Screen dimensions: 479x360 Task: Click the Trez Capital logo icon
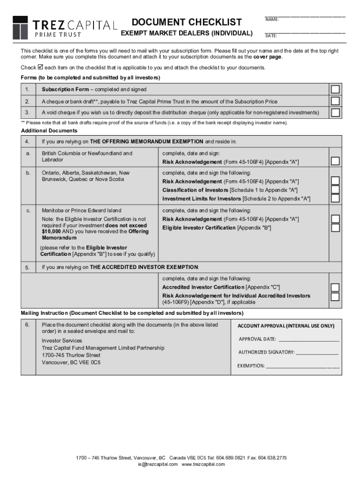pyautogui.click(x=20, y=27)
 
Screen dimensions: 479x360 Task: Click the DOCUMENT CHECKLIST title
pyautogui.click(x=187, y=22)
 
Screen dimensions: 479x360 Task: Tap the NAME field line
pyautogui.click(x=305, y=16)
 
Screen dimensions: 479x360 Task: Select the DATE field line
pyautogui.click(x=305, y=33)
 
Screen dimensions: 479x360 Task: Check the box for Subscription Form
pyautogui.click(x=335, y=89)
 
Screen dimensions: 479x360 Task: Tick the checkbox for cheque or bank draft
pyautogui.click(x=335, y=101)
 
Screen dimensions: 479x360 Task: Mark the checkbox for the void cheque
pyautogui.click(x=335, y=112)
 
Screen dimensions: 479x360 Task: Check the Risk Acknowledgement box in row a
pyautogui.click(x=335, y=161)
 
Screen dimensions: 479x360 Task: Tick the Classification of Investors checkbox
pyautogui.click(x=335, y=189)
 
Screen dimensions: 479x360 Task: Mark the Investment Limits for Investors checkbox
pyautogui.click(x=335, y=198)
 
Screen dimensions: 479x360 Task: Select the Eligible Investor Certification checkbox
pyautogui.click(x=335, y=228)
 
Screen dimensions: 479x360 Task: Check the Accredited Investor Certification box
pyautogui.click(x=335, y=287)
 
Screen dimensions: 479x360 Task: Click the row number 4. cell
pyautogui.click(x=28, y=142)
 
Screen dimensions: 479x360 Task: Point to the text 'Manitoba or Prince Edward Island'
pyautogui.click(x=81, y=210)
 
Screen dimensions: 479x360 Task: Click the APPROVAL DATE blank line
pyautogui.click(x=309, y=340)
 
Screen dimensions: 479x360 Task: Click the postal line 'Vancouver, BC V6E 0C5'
pyautogui.click(x=71, y=363)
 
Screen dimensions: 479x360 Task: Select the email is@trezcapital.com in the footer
pyautogui.click(x=158, y=464)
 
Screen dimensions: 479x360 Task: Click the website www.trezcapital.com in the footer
pyautogui.click(x=203, y=464)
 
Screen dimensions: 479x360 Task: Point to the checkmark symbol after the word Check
pyautogui.click(x=40, y=67)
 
